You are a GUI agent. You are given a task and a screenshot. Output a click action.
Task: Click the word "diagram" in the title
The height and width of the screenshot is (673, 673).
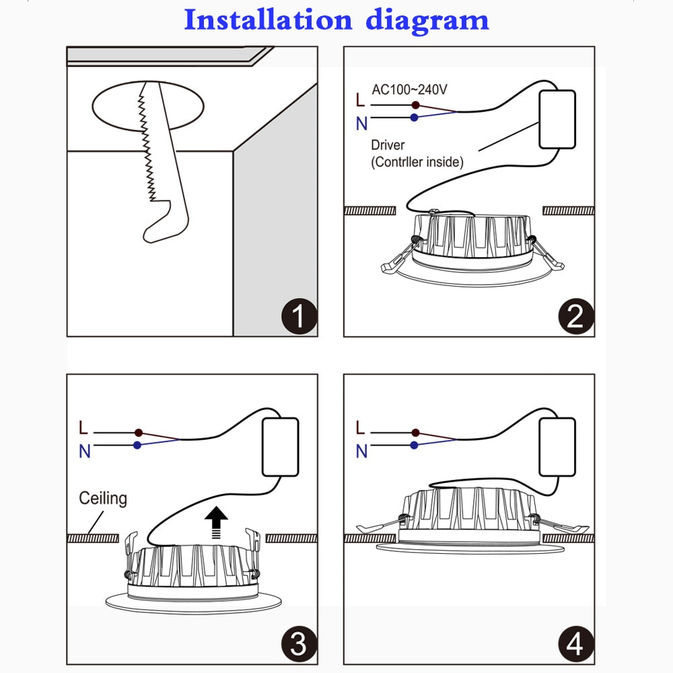[x=427, y=21]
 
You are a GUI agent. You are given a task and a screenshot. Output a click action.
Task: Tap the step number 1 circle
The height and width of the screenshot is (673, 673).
[x=297, y=316]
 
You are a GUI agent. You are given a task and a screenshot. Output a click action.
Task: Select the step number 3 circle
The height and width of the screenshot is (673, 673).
[x=297, y=644]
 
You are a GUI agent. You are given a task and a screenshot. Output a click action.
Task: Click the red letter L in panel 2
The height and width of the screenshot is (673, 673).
[x=361, y=101]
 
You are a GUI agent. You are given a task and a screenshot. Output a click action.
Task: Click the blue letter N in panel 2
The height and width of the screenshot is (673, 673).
[x=361, y=123]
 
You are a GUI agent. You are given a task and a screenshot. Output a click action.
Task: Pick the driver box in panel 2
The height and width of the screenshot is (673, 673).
[x=557, y=119]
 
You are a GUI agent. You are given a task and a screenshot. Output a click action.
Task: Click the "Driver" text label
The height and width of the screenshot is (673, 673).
[x=388, y=145]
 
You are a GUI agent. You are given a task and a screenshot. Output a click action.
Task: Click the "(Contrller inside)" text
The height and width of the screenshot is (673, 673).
[x=417, y=162]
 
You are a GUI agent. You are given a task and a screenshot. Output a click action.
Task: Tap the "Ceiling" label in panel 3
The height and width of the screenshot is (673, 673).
[x=103, y=499]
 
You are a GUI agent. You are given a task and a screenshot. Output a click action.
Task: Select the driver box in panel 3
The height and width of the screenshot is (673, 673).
[x=279, y=446]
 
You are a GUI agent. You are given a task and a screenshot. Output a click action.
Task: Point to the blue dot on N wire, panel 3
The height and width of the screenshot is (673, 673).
[x=137, y=445]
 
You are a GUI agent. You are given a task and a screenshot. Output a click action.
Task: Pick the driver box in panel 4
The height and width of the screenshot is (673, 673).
[x=557, y=446]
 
